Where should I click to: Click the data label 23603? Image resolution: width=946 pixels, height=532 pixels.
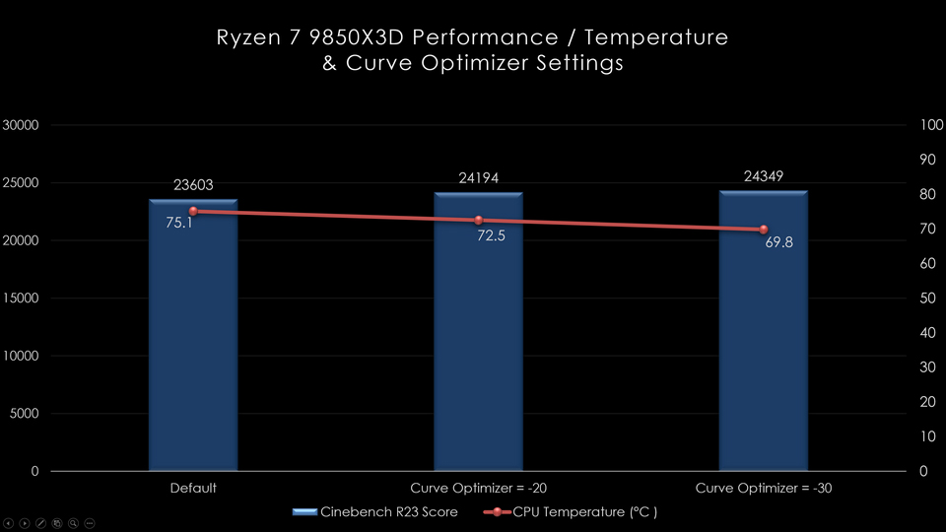(193, 184)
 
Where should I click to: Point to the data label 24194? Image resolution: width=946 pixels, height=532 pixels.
(479, 178)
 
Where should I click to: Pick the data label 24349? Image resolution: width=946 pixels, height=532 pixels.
(764, 177)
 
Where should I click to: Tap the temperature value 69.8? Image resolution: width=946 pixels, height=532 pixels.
(778, 241)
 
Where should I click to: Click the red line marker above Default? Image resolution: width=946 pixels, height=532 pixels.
(193, 211)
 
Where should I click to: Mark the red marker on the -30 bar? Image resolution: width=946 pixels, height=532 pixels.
(764, 230)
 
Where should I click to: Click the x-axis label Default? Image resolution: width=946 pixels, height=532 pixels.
(193, 488)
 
